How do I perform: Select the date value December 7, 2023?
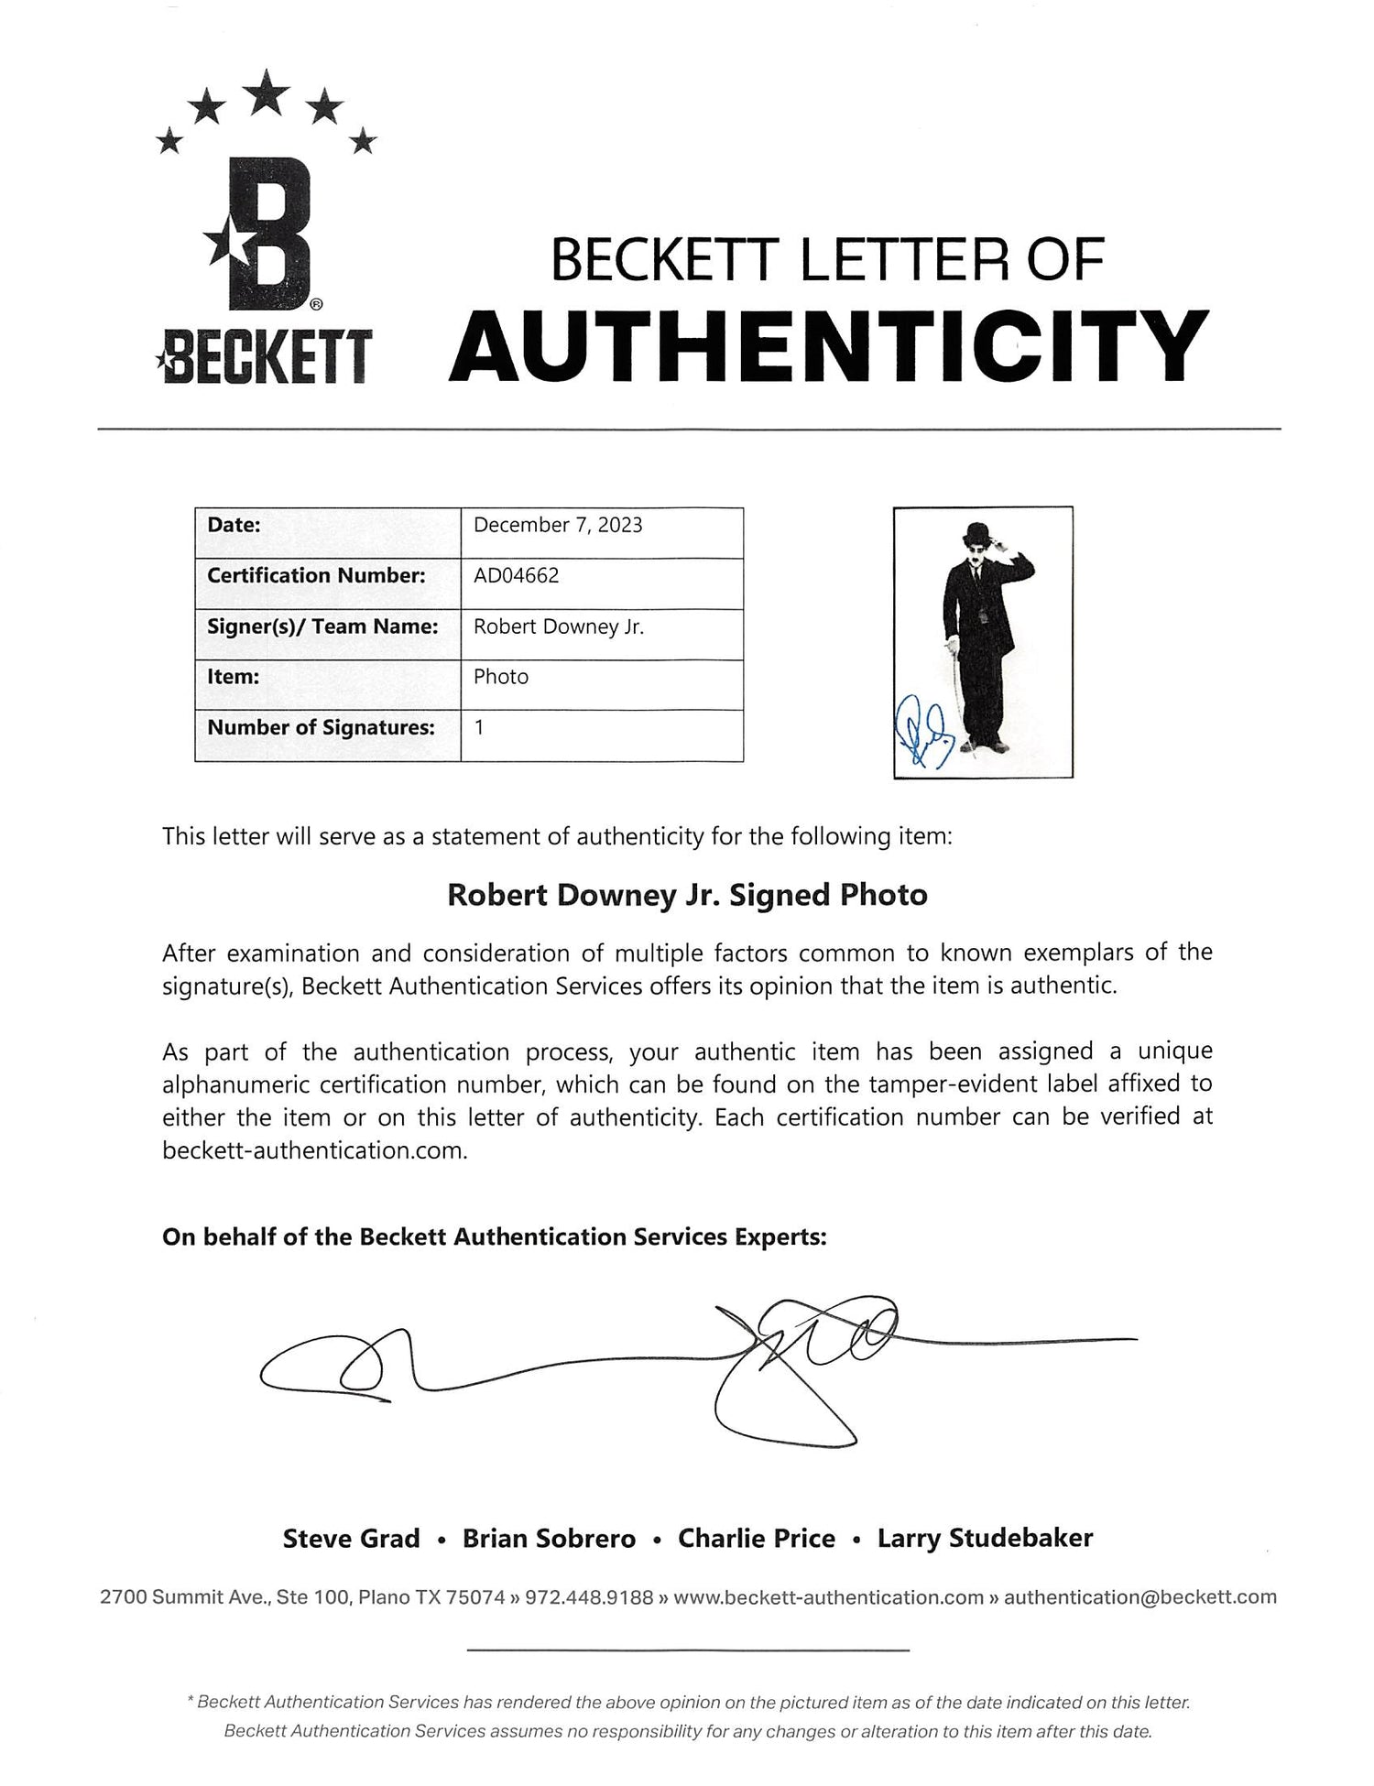tap(558, 525)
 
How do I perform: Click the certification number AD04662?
tap(516, 575)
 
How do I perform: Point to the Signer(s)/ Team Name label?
tap(322, 626)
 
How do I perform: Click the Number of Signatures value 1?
tap(479, 727)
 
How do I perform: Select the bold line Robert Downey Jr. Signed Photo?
tap(687, 895)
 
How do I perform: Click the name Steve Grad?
tap(351, 1538)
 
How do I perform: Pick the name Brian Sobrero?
tap(549, 1538)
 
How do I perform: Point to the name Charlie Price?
tap(756, 1538)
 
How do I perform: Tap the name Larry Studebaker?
tap(985, 1538)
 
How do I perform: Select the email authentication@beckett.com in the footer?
tap(1140, 1597)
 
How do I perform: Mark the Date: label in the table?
tap(234, 525)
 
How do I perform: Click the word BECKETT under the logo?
tap(265, 358)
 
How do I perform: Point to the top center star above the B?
tap(267, 93)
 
